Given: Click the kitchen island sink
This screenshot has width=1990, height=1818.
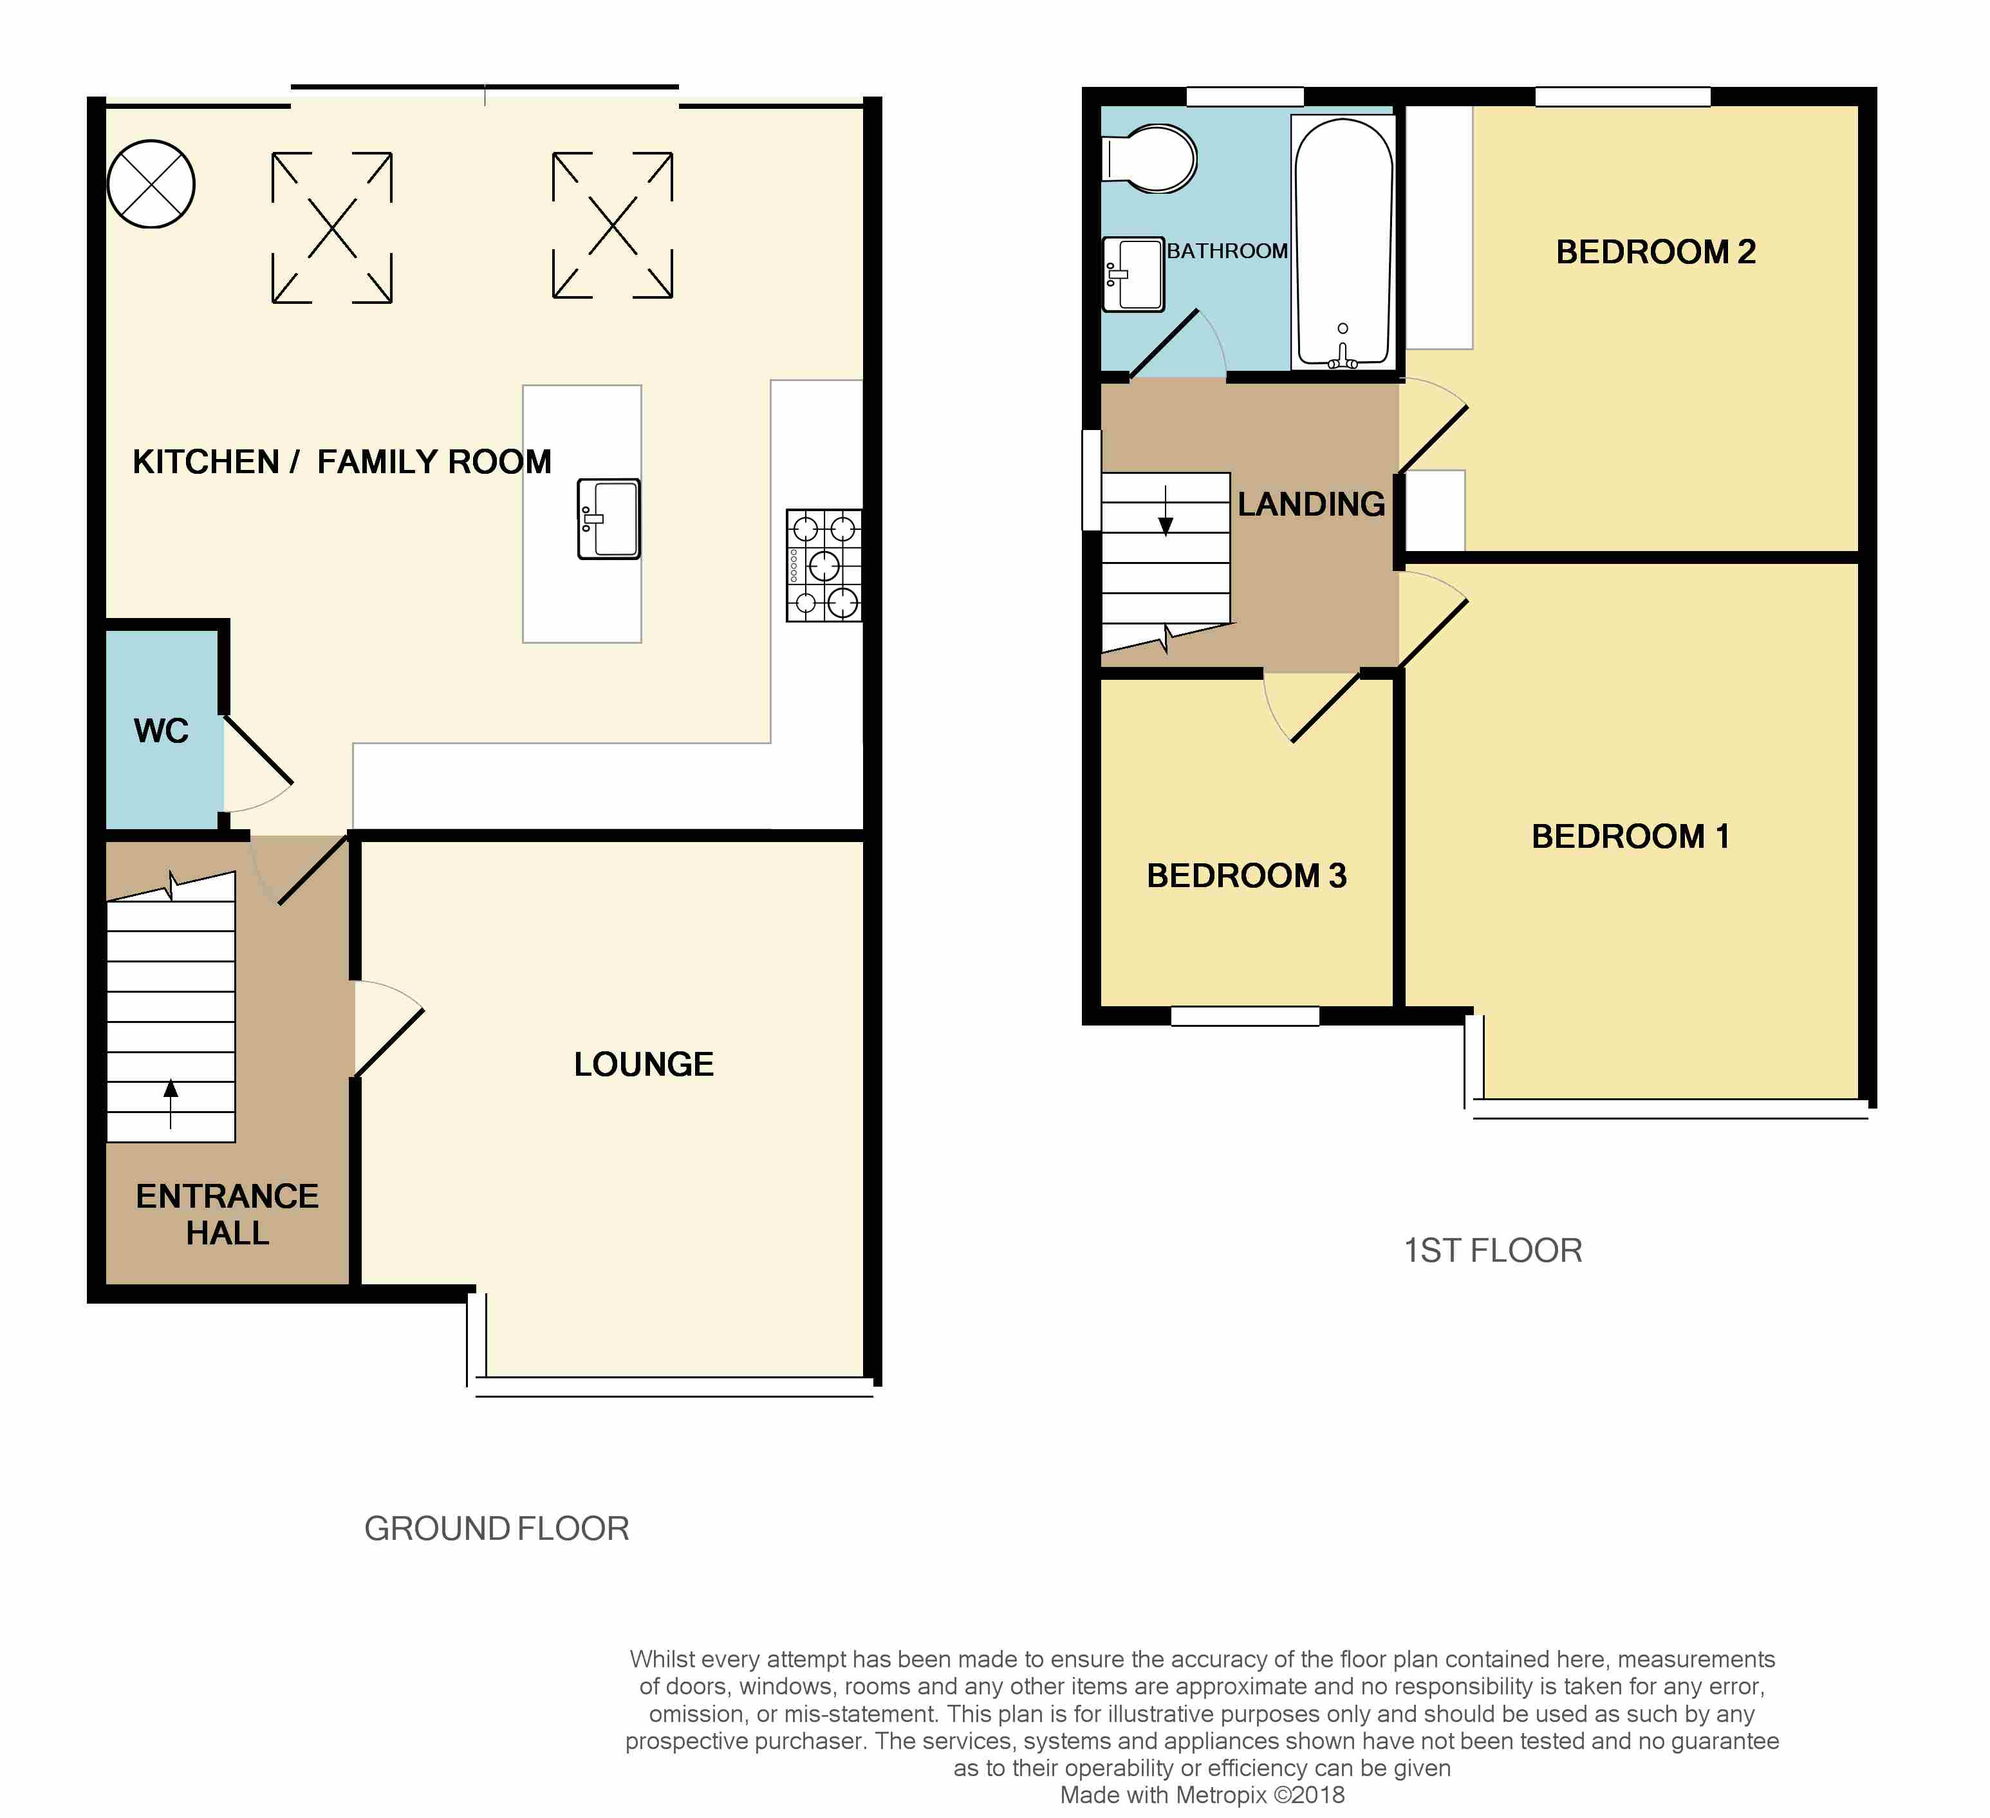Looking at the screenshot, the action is pos(609,520).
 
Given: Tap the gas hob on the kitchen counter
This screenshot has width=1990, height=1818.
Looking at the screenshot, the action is pos(824,565).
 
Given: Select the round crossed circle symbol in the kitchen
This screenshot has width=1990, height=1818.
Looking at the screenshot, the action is pos(151,183).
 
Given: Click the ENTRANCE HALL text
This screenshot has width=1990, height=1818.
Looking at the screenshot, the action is pos(227,1215).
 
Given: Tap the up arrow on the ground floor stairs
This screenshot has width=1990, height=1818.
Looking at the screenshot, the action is pos(171,1103).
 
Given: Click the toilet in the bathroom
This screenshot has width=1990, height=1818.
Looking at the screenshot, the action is pos(1150,158).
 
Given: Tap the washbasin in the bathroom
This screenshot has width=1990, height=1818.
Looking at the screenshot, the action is pos(1133,274).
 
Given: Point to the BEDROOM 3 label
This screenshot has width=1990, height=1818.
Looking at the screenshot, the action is pos(1247,876).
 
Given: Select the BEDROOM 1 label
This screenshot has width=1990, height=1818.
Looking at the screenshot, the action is pos(1631,836).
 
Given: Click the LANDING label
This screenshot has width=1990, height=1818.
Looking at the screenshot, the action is pos(1312,505).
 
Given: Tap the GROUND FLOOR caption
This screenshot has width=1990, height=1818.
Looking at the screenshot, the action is pos(496,1529).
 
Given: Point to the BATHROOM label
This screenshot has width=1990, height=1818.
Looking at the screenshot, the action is pos(1227,251).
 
